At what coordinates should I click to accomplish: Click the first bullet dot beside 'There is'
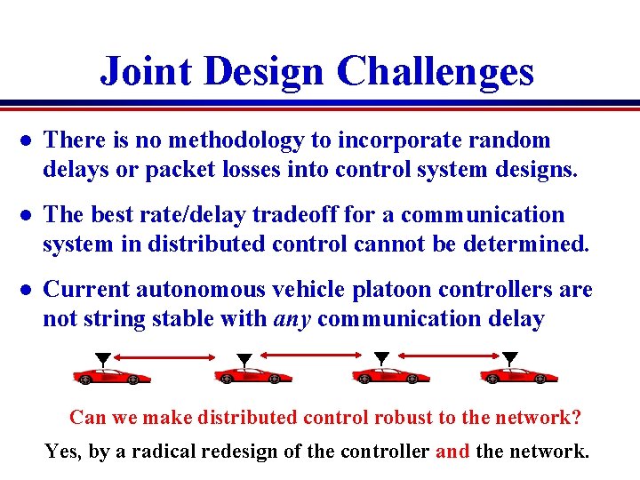[27, 141]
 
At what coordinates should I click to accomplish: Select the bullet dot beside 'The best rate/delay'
[27, 216]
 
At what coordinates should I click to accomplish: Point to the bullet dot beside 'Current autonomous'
[27, 291]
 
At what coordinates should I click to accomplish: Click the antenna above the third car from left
[381, 358]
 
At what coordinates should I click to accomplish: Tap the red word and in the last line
[453, 452]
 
